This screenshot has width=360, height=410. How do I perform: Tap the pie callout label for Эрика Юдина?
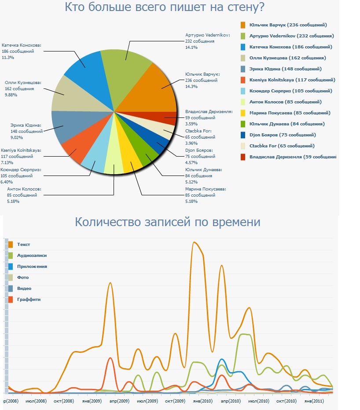pos(26,131)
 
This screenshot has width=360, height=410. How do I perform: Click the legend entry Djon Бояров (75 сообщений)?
pos(282,135)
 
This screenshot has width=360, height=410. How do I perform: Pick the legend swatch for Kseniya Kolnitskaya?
pos(242,80)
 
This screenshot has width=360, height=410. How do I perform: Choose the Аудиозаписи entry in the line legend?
pos(32,256)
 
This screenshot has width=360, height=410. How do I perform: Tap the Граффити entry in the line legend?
pos(29,300)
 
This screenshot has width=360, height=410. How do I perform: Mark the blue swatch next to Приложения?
pos(11,267)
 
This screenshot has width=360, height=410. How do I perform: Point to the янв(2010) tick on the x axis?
pos(203,401)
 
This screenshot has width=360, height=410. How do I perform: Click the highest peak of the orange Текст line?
pos(195,242)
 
